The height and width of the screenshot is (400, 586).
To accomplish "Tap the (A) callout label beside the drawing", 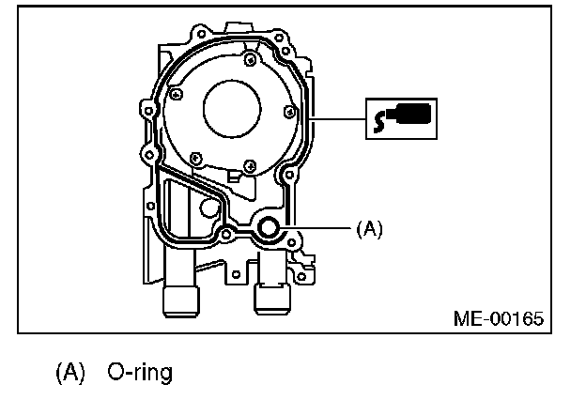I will point(369,227).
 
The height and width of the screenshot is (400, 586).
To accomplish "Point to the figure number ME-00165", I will point(499,317).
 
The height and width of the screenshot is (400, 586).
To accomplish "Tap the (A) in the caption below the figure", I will point(71,373).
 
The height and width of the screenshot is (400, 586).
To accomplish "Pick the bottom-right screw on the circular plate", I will point(248,166).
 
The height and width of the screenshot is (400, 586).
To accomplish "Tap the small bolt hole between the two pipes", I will point(236,275).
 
